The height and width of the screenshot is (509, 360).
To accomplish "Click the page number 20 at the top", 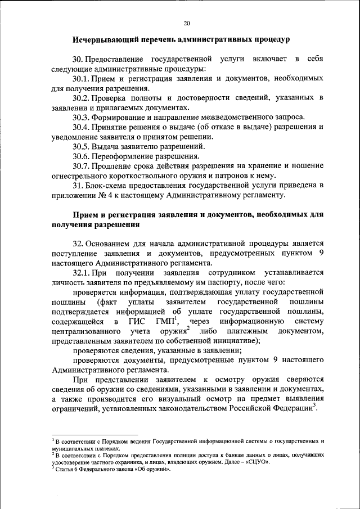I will tap(187, 23).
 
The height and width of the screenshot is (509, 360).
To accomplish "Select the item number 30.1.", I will tap(82, 79).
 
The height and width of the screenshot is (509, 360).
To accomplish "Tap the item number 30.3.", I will tap(82, 117).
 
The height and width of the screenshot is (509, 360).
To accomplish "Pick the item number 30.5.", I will tap(82, 146).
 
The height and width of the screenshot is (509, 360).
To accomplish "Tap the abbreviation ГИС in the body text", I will tap(138, 321).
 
